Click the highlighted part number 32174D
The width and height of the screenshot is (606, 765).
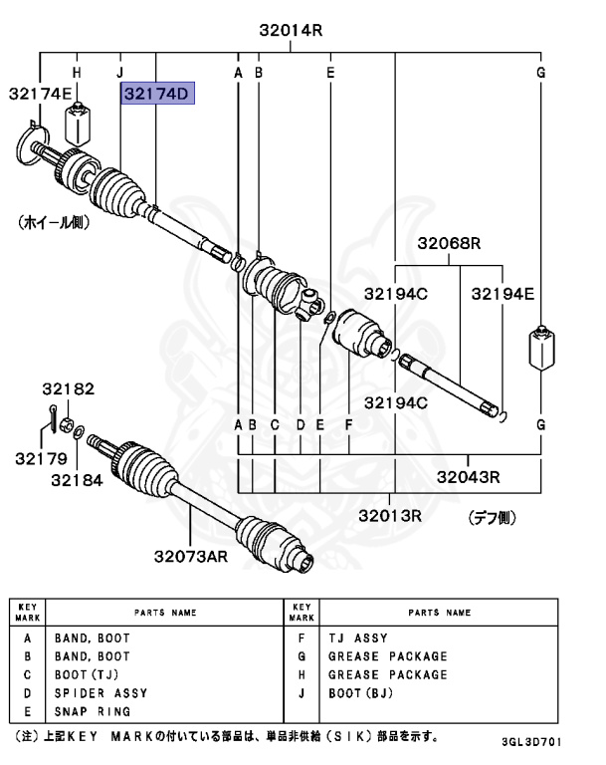pyautogui.click(x=156, y=94)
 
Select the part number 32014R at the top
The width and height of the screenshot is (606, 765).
pyautogui.click(x=292, y=30)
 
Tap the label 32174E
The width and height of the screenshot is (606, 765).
pyautogui.click(x=41, y=94)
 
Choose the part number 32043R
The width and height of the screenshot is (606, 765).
pyautogui.click(x=467, y=477)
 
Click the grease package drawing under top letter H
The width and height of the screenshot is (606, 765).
pyautogui.click(x=78, y=124)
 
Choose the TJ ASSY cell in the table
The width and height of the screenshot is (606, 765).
pyautogui.click(x=357, y=638)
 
